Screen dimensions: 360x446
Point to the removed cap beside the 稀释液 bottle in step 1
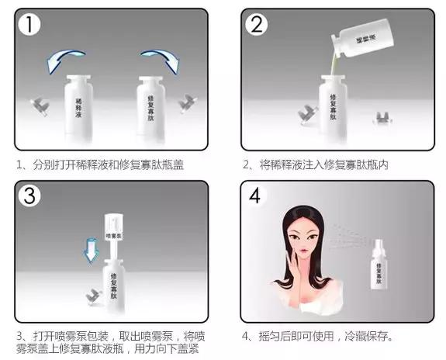click(40, 104)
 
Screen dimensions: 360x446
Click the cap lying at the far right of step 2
click(381, 119)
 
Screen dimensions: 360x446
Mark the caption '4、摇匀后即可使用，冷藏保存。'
click(317, 337)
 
